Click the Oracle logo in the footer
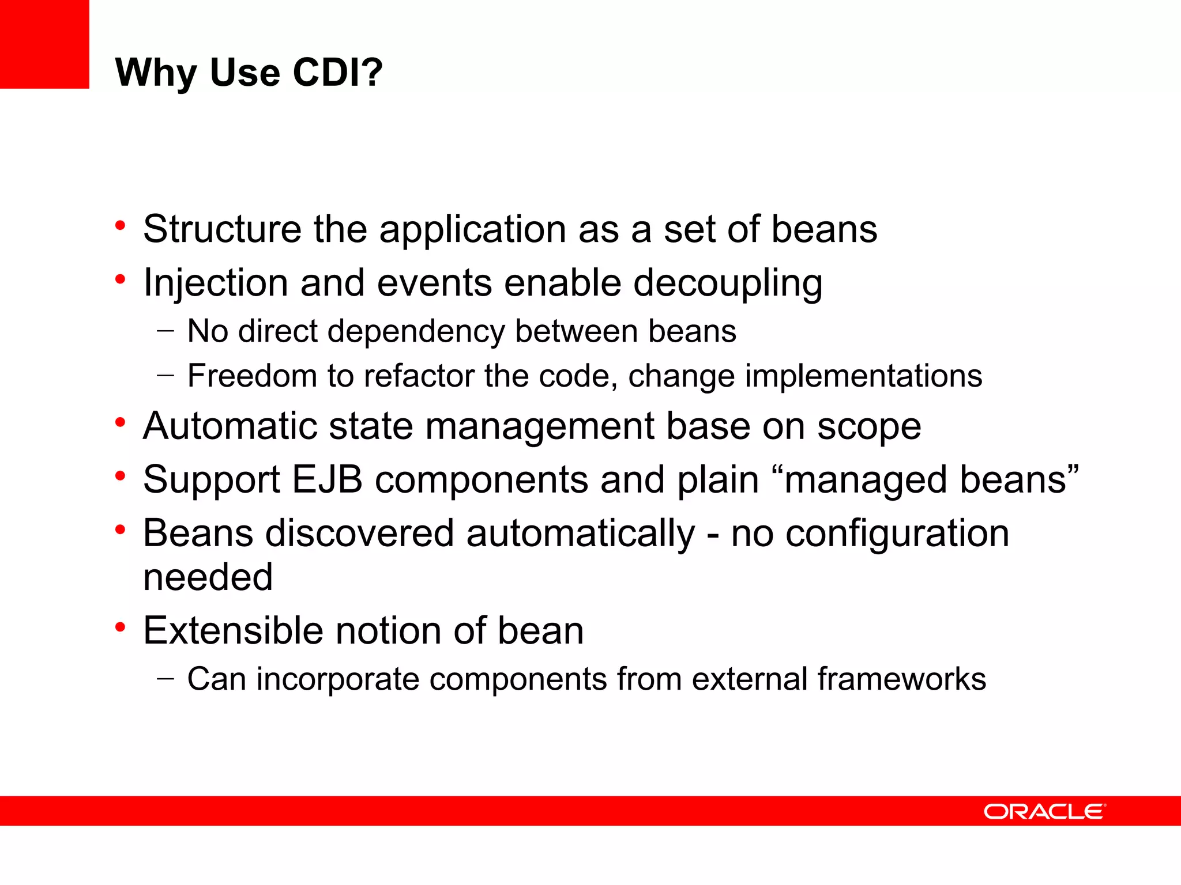coord(1044,811)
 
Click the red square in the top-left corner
coord(44,44)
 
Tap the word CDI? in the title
coord(337,73)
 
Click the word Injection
coord(216,283)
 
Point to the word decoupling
coord(728,283)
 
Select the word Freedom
coord(252,376)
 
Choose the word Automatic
coord(230,426)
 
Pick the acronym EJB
coord(327,479)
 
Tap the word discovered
coord(359,533)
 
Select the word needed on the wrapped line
coord(208,577)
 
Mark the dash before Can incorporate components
coord(165,679)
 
